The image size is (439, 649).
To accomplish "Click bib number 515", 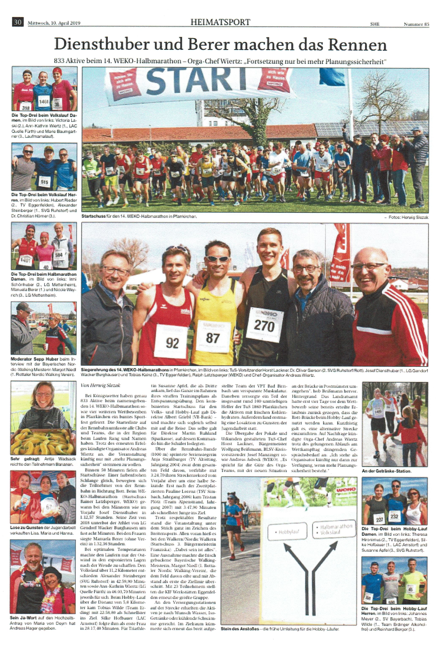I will click(x=44, y=182).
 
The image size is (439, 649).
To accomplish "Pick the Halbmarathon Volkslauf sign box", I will click(x=333, y=529).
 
